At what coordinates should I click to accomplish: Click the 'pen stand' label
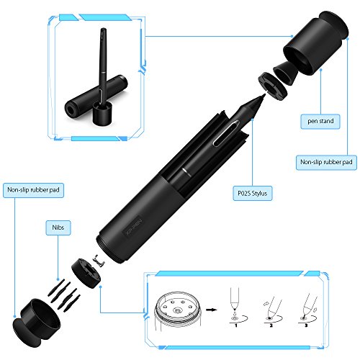pyautogui.click(x=320, y=122)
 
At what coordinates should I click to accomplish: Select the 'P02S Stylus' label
pyautogui.click(x=252, y=193)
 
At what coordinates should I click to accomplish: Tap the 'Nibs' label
pyautogui.click(x=58, y=228)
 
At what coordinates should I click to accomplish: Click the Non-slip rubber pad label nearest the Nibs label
pyautogui.click(x=33, y=190)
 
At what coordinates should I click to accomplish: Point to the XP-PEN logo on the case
pyautogui.click(x=132, y=227)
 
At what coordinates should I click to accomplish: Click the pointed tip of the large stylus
pyautogui.click(x=264, y=94)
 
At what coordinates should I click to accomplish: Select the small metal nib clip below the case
pyautogui.click(x=99, y=260)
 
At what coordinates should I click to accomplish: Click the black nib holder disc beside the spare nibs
pyautogui.click(x=86, y=273)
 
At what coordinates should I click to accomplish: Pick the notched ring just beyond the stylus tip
pyautogui.click(x=273, y=86)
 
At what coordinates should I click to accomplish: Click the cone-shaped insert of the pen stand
pyautogui.click(x=286, y=73)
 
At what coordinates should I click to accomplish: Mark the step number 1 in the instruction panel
pyautogui.click(x=236, y=325)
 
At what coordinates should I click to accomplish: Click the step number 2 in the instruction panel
pyautogui.click(x=271, y=325)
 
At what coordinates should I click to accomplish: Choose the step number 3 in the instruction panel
pyautogui.click(x=306, y=325)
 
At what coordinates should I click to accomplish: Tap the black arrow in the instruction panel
pyautogui.click(x=211, y=310)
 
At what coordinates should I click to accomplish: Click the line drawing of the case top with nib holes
pyautogui.click(x=178, y=311)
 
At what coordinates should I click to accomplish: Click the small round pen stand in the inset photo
pyautogui.click(x=102, y=113)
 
